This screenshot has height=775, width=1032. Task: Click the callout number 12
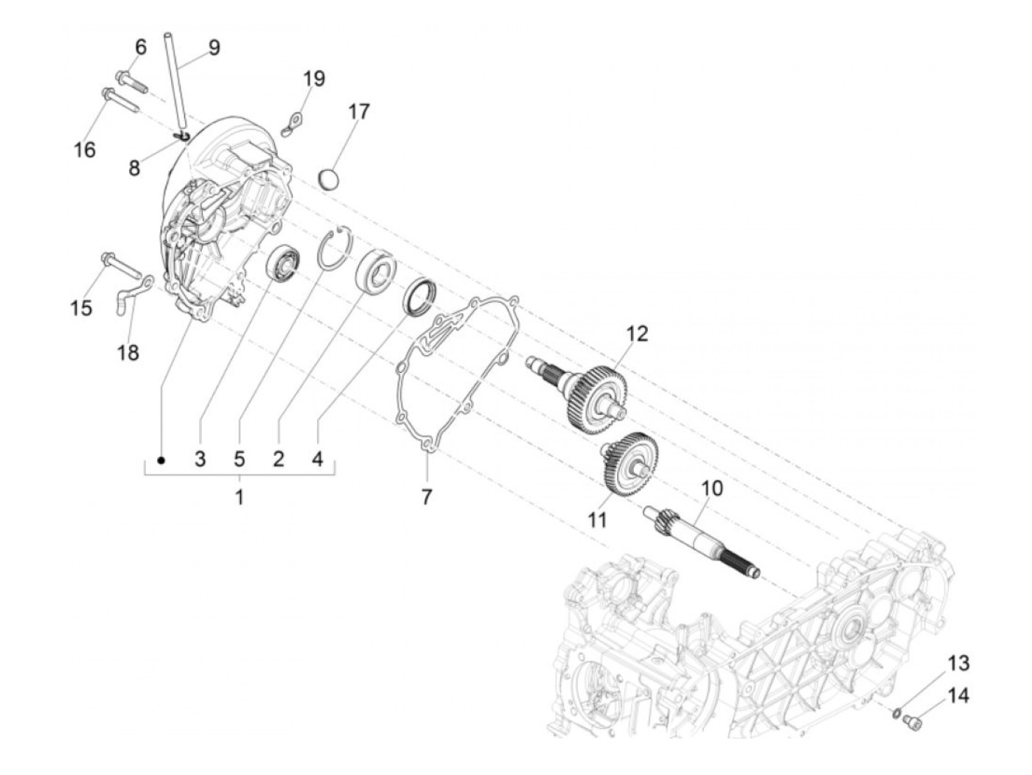pos(637,333)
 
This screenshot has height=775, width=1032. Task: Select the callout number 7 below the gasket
pos(427,497)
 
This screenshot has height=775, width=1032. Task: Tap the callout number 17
pos(359,112)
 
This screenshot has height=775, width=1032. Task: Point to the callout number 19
pos(314,78)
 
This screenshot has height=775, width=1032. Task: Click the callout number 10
pos(712,488)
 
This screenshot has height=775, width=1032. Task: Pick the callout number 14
pos(958,695)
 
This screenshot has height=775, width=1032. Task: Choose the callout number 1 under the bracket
pos(239,497)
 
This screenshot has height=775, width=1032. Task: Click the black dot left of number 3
pos(161,460)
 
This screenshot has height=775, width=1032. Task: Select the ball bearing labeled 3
pos(284,263)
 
